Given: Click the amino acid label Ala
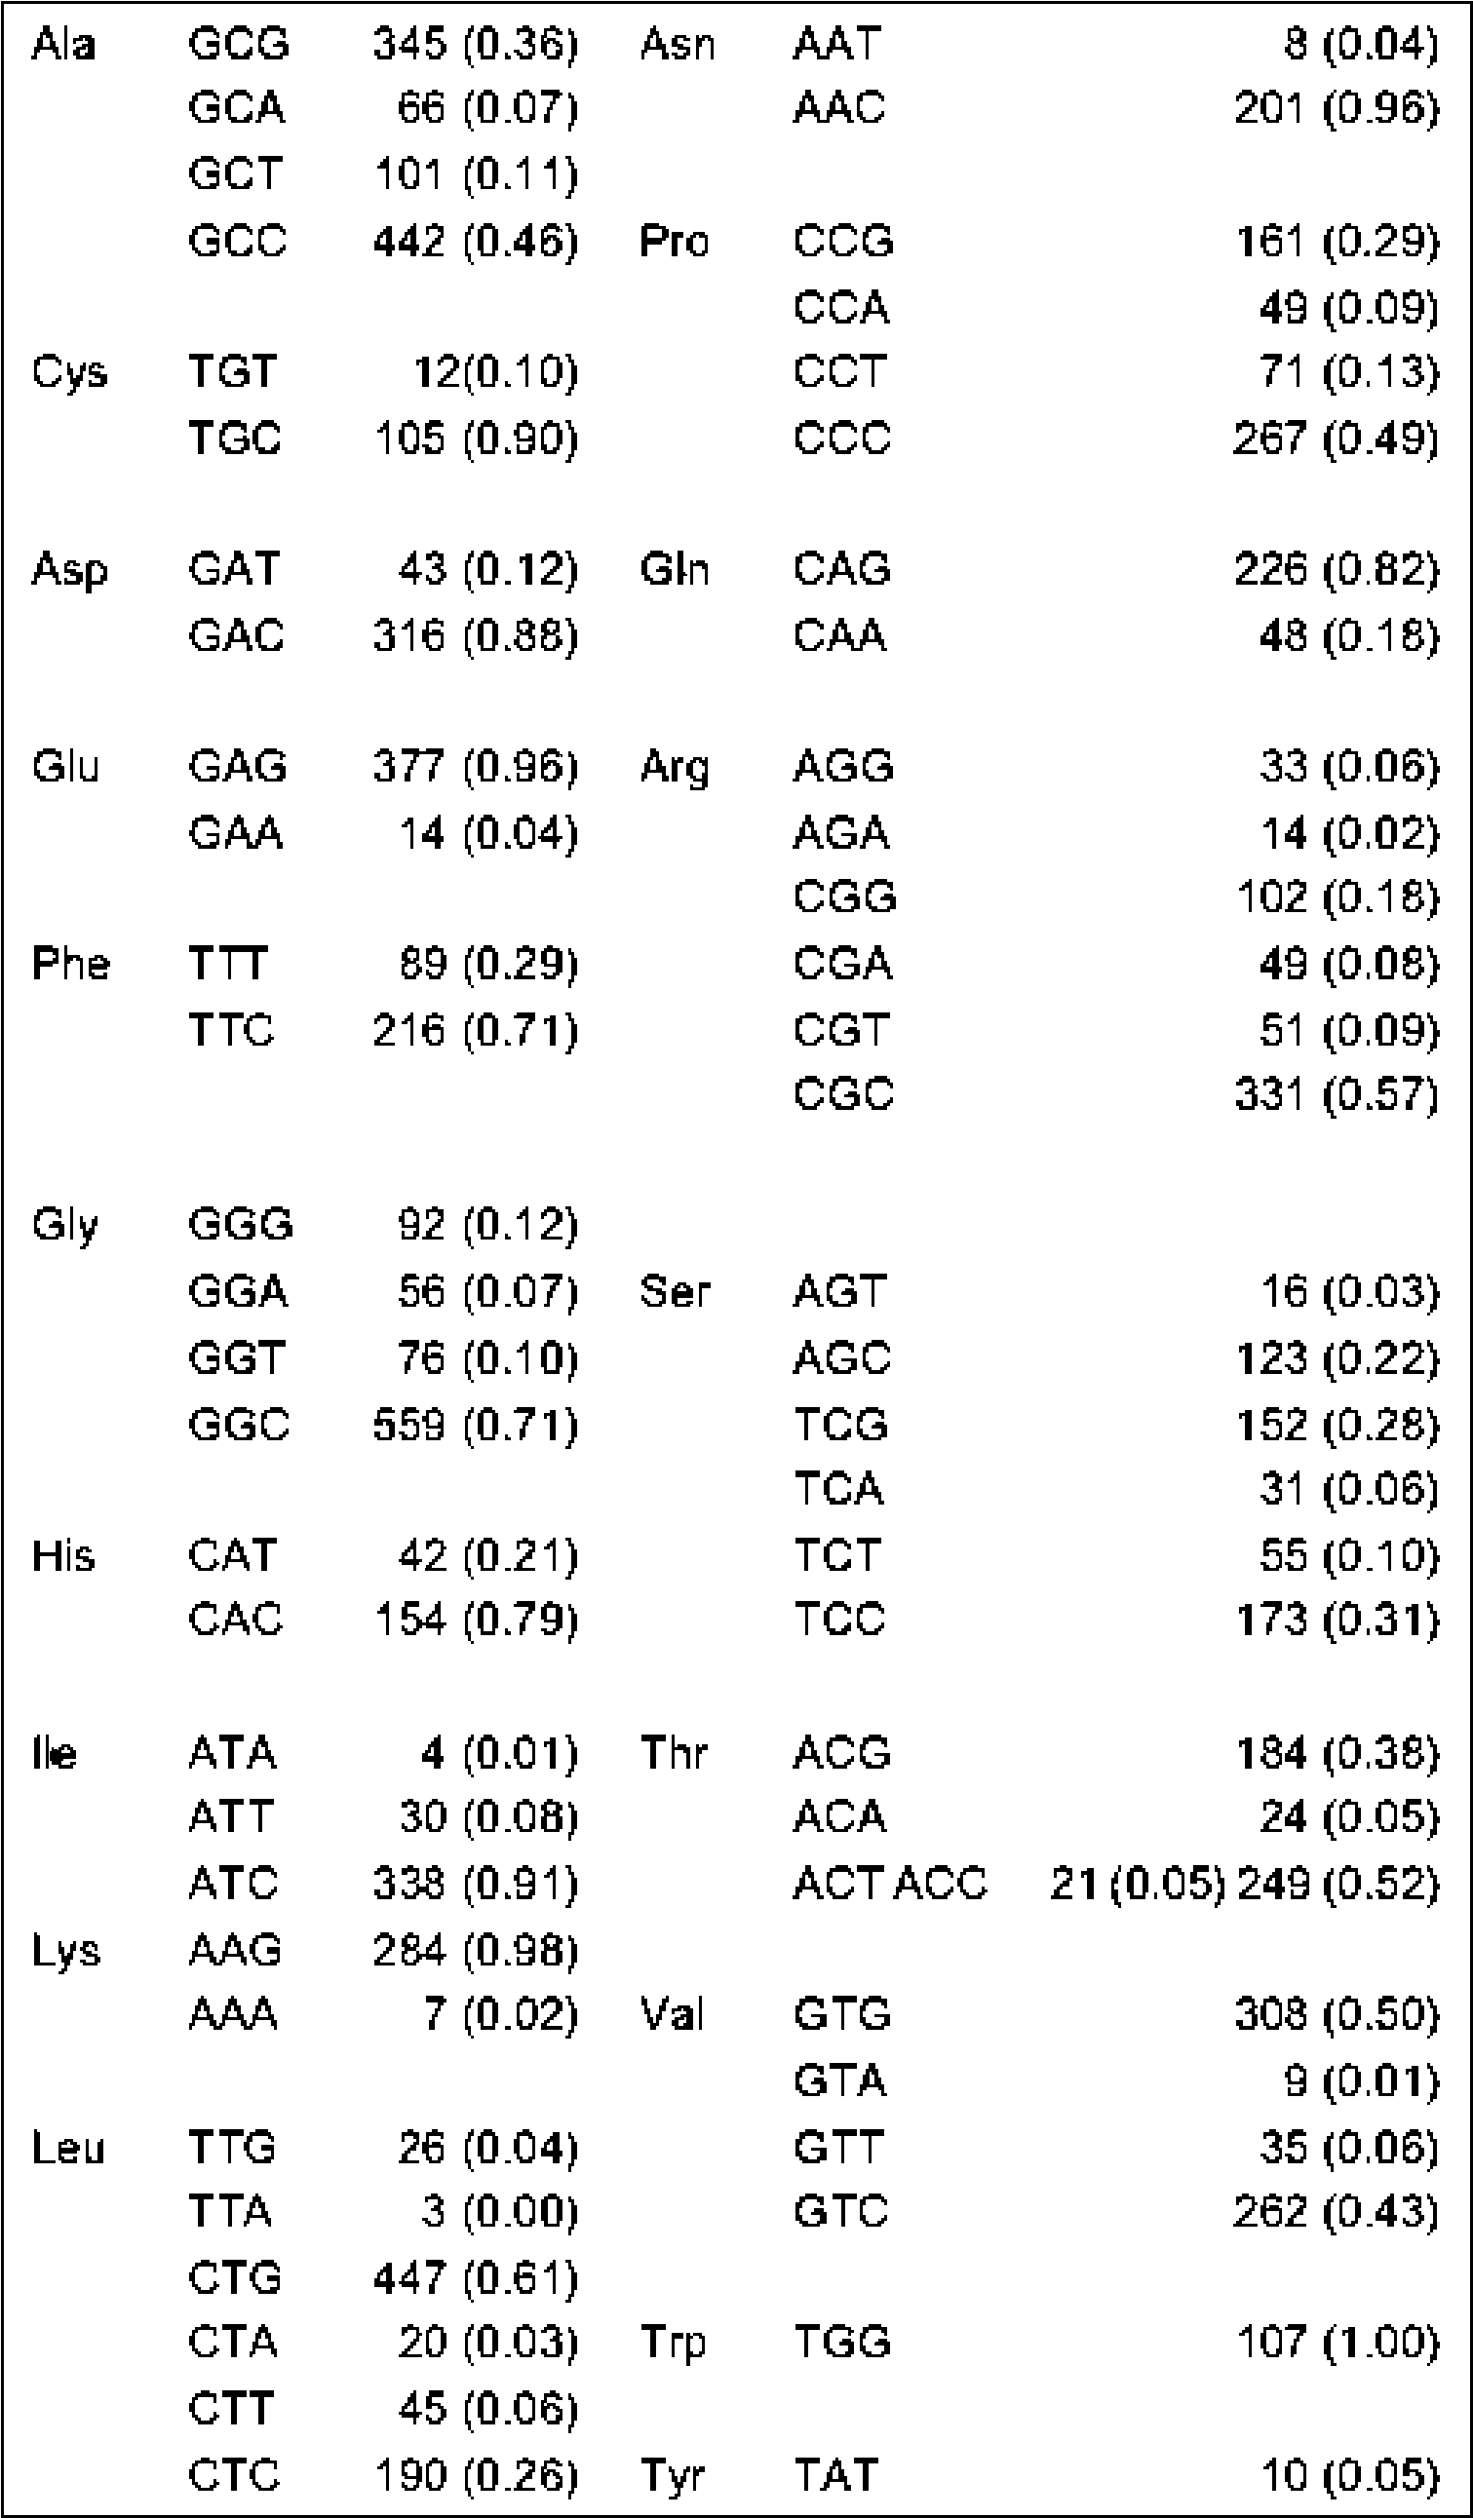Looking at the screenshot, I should point(63,45).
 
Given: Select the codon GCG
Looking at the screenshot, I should point(238,44).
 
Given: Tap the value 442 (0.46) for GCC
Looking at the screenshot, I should point(475,241).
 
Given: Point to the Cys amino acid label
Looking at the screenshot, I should point(69,372).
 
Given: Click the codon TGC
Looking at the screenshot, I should point(235,438).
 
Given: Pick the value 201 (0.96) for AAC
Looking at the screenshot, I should point(1337,108).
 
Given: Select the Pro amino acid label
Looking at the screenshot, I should point(675,241).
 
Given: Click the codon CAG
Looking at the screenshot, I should point(841,568).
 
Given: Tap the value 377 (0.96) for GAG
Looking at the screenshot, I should point(475,766).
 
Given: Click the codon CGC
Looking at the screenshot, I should point(842,1094).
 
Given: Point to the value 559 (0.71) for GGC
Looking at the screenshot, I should point(475,1424).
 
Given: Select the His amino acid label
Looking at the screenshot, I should point(63,1556).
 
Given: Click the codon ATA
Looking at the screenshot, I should point(232,1753).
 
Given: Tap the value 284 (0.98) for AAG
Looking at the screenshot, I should point(475,1950).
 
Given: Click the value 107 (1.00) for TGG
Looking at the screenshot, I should point(1337,2342).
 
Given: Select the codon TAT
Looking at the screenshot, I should point(835,2475).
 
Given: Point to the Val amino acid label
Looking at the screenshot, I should point(672,2013).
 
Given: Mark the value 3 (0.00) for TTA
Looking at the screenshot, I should point(499,2211).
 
